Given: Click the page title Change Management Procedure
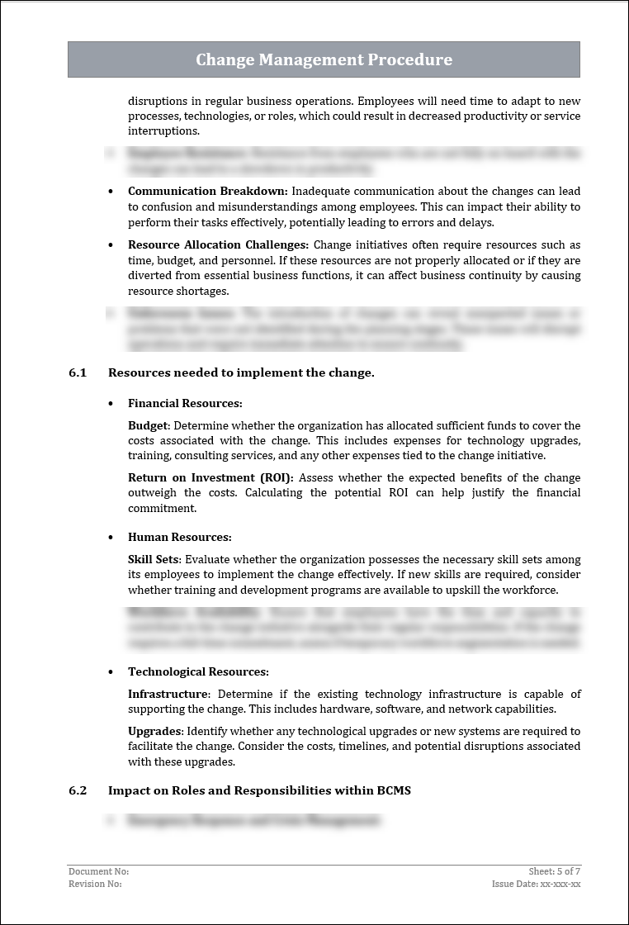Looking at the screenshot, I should click(324, 59).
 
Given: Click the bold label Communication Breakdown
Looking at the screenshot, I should click(207, 192).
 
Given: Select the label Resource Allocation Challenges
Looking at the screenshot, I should click(218, 245).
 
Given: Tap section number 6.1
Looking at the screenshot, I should click(78, 372).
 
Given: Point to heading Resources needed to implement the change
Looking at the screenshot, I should click(241, 372).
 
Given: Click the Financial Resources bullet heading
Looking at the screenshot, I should click(185, 404).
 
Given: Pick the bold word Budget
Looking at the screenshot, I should click(148, 425).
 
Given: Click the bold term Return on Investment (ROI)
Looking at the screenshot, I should click(210, 478).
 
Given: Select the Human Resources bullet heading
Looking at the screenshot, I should click(179, 538).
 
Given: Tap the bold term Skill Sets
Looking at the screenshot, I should click(153, 560).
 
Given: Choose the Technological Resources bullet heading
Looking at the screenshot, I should click(198, 672).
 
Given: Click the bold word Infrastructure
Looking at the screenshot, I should click(168, 694).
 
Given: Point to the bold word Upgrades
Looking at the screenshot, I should click(154, 732).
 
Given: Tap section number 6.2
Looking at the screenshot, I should click(78, 790).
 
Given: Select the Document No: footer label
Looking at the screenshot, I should click(98, 871).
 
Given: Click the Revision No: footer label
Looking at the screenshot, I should click(95, 884).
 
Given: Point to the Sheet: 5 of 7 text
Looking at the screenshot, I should click(555, 871).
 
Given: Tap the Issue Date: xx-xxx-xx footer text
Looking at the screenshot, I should click(536, 884).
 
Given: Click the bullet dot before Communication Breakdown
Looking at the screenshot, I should click(111, 192).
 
